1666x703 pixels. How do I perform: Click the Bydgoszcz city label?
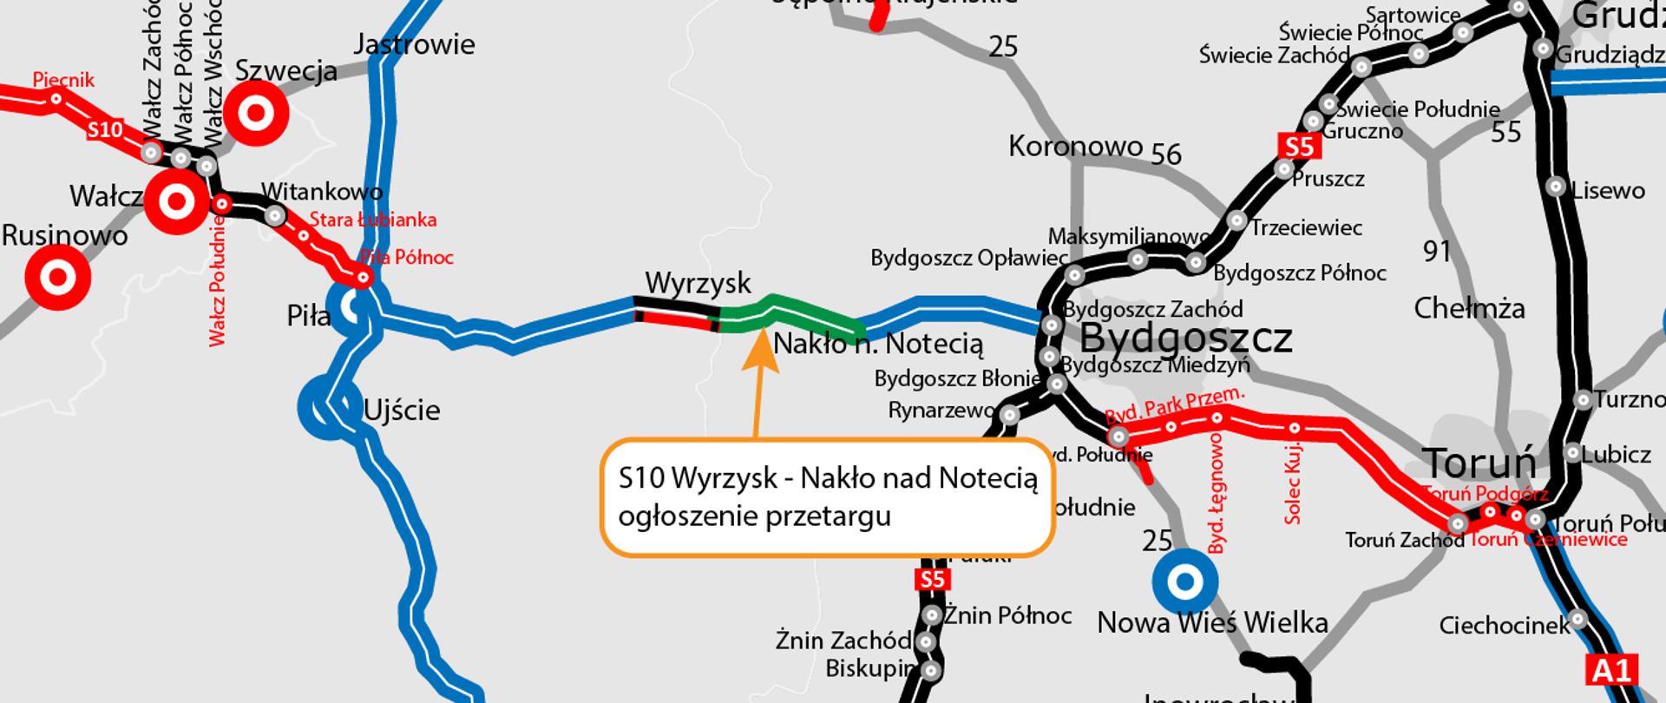point(1185,337)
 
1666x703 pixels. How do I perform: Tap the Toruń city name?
point(1479,463)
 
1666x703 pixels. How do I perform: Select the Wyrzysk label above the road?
point(699,284)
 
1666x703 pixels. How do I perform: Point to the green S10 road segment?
point(790,312)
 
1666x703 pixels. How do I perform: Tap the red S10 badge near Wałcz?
point(105,130)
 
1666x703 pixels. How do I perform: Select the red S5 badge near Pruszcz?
point(1299,147)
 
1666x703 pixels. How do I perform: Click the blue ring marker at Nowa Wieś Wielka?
point(1184,581)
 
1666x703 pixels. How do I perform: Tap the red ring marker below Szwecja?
point(256,113)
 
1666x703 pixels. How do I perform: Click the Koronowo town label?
point(1075,146)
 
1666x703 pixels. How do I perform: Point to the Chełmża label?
point(1469,308)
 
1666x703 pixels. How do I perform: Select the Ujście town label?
point(402,410)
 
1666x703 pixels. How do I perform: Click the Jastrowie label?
point(415,44)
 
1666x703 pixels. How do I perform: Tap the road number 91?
point(1438,251)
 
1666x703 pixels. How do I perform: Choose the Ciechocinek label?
point(1504,625)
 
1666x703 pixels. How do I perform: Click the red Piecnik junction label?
point(63,81)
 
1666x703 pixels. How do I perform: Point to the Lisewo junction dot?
point(1557,187)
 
